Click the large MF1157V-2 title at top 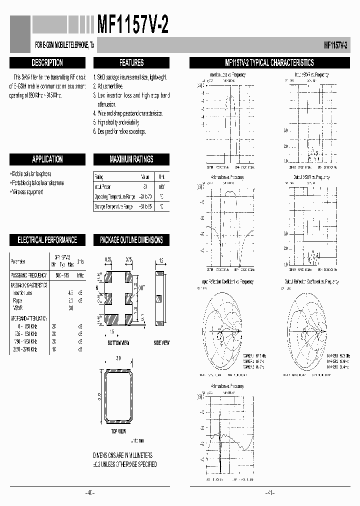131,24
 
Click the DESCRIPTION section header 47,63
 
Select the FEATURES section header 131,63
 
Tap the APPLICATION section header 47,159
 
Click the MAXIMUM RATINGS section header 131,159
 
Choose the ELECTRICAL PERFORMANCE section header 47,240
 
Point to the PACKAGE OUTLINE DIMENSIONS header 131,240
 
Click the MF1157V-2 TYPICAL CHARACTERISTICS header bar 269,63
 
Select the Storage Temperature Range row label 113,206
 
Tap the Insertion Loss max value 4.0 70,292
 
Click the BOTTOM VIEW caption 118,343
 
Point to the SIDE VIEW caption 161,343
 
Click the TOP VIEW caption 118,430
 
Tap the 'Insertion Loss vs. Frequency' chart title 227,75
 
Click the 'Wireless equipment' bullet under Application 27,192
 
